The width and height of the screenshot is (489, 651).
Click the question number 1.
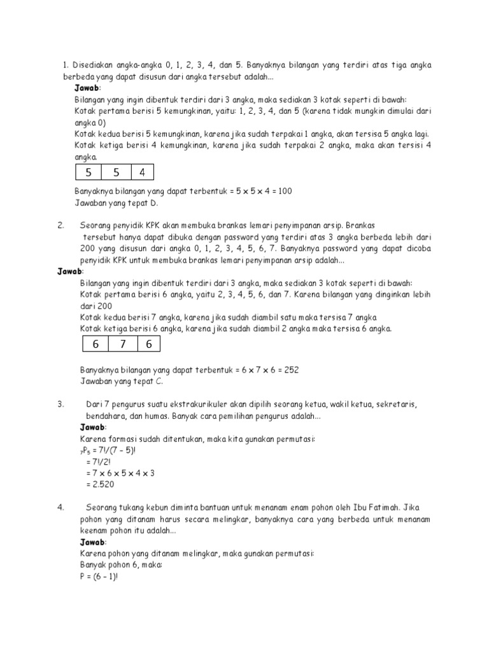click(65, 65)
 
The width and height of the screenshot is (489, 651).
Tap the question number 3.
click(60, 404)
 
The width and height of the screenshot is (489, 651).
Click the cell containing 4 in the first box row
click(141, 173)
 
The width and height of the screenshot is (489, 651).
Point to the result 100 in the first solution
click(283, 191)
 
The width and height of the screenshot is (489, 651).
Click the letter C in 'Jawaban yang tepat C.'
click(159, 381)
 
